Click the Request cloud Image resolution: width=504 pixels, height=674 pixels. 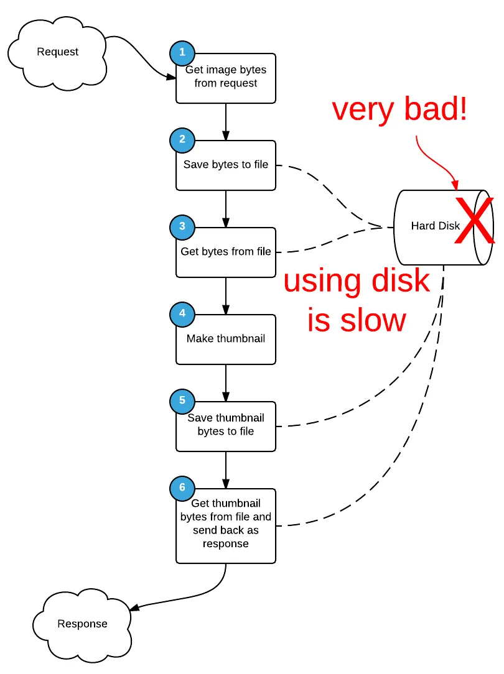[x=57, y=52]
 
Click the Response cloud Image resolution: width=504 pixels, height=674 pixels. [x=82, y=624]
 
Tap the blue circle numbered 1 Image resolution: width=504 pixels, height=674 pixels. [x=182, y=53]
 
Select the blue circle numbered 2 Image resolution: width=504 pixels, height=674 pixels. [x=182, y=140]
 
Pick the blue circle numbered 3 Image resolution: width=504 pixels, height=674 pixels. [x=182, y=227]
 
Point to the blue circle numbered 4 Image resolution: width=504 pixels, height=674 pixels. [x=182, y=314]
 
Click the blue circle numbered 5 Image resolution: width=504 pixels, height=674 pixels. [x=182, y=401]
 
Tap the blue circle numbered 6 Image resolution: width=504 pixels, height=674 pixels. [x=182, y=488]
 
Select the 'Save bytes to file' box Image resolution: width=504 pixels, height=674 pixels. [x=226, y=165]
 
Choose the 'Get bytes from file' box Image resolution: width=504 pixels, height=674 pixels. [x=226, y=252]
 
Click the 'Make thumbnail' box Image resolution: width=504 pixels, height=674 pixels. [x=226, y=339]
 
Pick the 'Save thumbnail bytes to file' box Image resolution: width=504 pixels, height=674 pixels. [x=226, y=427]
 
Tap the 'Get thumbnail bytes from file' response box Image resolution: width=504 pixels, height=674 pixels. [x=226, y=526]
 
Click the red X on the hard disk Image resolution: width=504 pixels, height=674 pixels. [x=475, y=219]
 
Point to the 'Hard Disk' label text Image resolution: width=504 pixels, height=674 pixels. [x=435, y=226]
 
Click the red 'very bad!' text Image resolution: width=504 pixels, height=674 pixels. [x=399, y=110]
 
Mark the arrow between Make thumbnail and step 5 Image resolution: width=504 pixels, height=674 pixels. [x=226, y=382]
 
